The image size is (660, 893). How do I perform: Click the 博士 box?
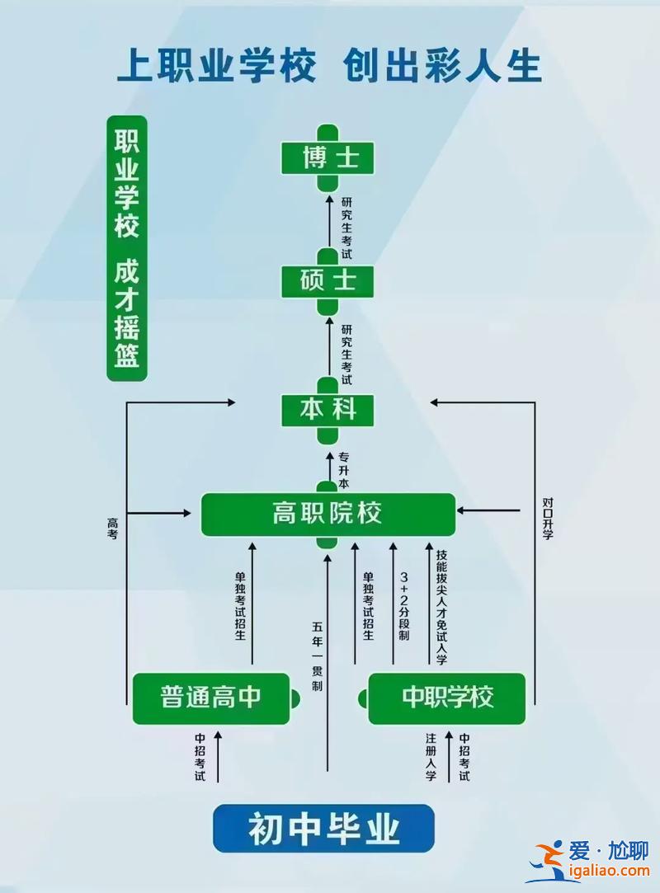(328, 157)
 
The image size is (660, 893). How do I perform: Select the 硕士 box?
(328, 281)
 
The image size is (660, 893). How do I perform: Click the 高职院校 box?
(328, 515)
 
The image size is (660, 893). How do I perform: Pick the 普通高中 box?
(211, 698)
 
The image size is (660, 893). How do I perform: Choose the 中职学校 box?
(446, 698)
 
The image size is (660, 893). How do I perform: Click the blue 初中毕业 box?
(323, 828)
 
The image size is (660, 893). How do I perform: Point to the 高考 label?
(113, 529)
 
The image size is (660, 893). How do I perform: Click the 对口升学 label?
(548, 518)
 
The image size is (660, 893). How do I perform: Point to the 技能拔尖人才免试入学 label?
(441, 606)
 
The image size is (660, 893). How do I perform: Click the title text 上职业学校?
(216, 66)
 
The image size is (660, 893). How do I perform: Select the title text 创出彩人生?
(442, 66)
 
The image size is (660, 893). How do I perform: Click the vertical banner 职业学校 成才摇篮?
(127, 248)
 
